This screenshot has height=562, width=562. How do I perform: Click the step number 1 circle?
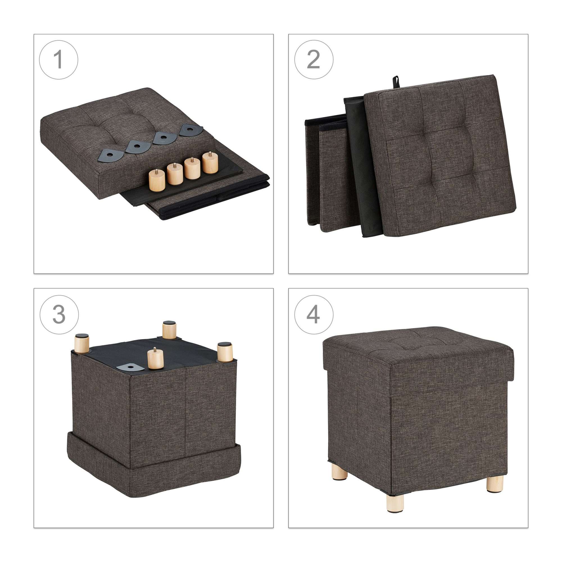coord(59,60)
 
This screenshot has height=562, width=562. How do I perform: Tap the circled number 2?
coord(314,60)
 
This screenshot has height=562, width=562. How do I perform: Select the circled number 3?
coord(59,315)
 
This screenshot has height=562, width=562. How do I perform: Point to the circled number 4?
coord(314,315)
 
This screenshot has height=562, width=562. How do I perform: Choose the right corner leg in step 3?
coord(225,352)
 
